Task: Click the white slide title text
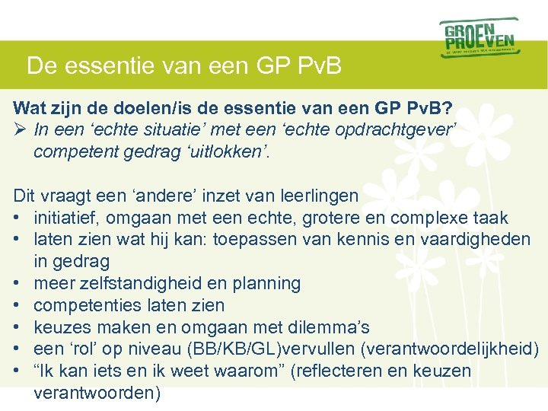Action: (x=183, y=65)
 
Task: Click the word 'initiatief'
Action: (x=66, y=218)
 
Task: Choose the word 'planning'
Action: (x=266, y=284)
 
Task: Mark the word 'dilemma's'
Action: (x=328, y=328)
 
